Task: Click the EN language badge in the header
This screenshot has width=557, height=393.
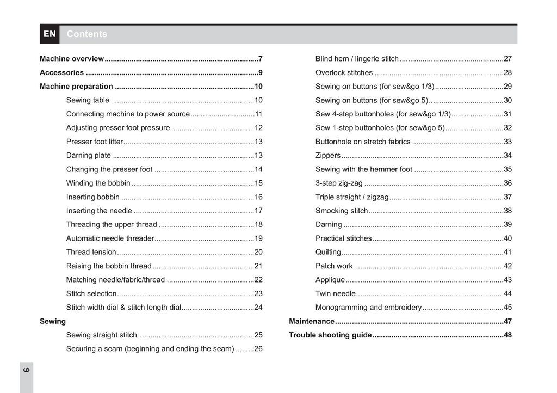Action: tap(49, 34)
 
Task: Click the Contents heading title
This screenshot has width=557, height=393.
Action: tap(87, 34)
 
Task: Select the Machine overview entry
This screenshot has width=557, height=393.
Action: tap(72, 59)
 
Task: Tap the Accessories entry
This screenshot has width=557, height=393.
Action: tap(62, 72)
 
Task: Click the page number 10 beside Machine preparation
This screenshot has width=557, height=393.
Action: tap(258, 87)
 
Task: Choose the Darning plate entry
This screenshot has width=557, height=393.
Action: tap(89, 156)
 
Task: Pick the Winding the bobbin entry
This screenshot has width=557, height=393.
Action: tap(98, 183)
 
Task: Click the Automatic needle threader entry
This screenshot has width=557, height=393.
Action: tap(110, 238)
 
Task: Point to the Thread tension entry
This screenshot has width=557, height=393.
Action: tap(91, 252)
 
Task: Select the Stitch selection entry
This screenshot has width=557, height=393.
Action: tap(91, 294)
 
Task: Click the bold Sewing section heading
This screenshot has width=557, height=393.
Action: tap(53, 321)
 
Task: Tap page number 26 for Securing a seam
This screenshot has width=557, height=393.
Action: tap(258, 349)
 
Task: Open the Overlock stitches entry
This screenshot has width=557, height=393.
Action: tap(344, 73)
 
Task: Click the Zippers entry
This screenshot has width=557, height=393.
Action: tap(328, 156)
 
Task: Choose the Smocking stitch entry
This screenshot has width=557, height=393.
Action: tap(342, 211)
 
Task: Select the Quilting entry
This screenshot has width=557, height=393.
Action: tap(328, 252)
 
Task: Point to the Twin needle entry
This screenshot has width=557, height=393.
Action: tap(335, 294)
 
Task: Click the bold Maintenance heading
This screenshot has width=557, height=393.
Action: tap(312, 321)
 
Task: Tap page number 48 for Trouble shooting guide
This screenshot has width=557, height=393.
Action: tap(508, 335)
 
